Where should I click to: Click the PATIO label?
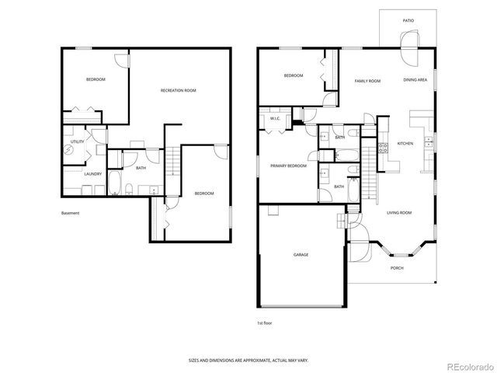408,21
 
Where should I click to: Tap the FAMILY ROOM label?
367,81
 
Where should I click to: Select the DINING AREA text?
415,81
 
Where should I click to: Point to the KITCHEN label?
405,144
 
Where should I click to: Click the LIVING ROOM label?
399,212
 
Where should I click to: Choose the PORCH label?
396,268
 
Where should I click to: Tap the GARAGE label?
301,254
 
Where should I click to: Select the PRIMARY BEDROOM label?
288,166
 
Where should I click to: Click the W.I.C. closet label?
276,119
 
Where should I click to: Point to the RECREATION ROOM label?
178,91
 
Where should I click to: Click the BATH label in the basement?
141,168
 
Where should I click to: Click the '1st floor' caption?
265,322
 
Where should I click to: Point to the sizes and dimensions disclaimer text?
248,361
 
